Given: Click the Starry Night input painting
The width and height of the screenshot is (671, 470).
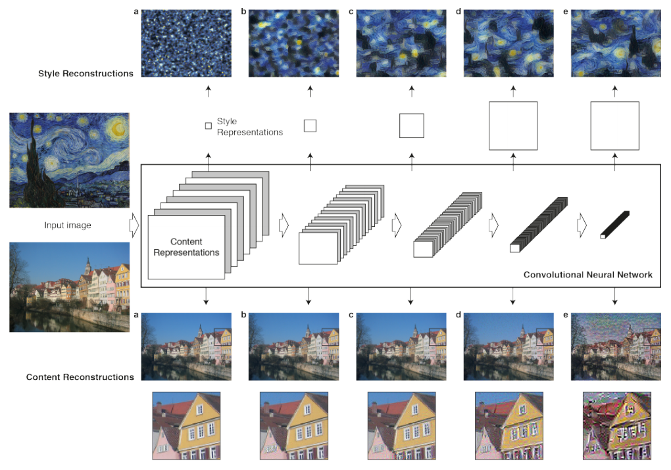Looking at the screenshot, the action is point(69,160).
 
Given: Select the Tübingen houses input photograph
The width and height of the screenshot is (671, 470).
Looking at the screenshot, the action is point(69,287).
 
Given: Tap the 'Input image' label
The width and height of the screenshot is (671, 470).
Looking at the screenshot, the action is point(68,225).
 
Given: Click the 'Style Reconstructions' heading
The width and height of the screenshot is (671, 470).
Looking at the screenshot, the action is point(86,74).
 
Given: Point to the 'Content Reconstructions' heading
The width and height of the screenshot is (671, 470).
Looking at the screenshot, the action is point(80,377).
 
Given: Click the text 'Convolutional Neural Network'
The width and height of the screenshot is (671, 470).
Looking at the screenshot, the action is point(588,275).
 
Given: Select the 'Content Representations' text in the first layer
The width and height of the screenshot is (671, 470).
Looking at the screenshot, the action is point(186,247).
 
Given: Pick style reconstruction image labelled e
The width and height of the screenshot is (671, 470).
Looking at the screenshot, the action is point(615,43).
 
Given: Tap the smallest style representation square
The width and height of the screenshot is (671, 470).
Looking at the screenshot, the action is point(209,125).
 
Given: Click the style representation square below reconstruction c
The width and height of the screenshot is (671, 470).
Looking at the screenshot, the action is point(411,125).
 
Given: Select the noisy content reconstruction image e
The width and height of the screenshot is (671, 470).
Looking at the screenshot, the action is point(615,346).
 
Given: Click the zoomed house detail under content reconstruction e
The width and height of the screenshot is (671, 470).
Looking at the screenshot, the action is point(616,426).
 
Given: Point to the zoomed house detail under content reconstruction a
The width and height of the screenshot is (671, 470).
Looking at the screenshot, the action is point(186,426).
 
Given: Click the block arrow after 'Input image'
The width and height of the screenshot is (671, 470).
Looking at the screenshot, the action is point(135,225).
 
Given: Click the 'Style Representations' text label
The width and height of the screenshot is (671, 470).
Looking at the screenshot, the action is point(249,127).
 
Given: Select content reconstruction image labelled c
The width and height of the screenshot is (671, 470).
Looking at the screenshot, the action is point(401,346).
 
